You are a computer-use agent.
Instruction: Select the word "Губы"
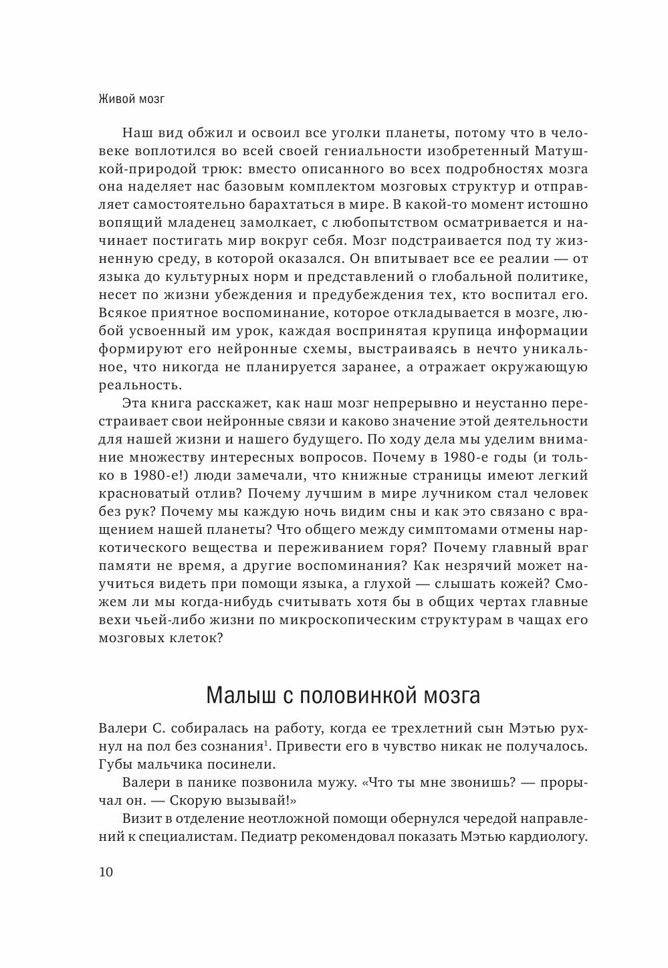(x=114, y=764)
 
